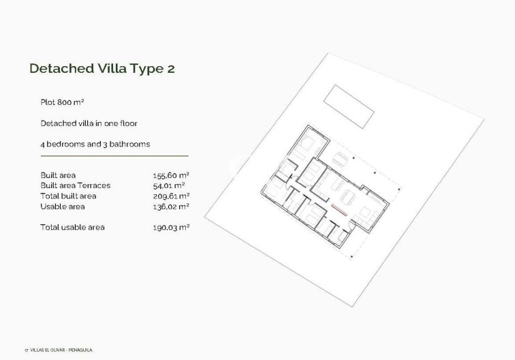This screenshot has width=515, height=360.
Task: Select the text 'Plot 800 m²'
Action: click(x=62, y=102)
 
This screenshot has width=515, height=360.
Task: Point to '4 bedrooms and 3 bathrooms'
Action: click(x=95, y=145)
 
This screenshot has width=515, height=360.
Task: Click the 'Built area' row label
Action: click(x=58, y=175)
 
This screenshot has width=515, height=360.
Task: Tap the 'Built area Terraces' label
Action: click(x=75, y=185)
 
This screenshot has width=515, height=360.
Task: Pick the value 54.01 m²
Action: click(x=169, y=185)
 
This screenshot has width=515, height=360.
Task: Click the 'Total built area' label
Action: click(x=69, y=196)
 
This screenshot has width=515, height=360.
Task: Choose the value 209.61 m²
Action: click(x=170, y=196)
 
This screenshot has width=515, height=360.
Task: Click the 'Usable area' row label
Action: click(x=63, y=206)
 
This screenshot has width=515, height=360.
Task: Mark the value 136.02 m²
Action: click(x=170, y=206)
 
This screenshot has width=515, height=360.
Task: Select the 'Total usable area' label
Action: click(x=73, y=227)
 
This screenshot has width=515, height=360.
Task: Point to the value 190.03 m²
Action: click(x=170, y=227)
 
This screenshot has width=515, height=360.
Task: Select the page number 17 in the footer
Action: click(x=25, y=350)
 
